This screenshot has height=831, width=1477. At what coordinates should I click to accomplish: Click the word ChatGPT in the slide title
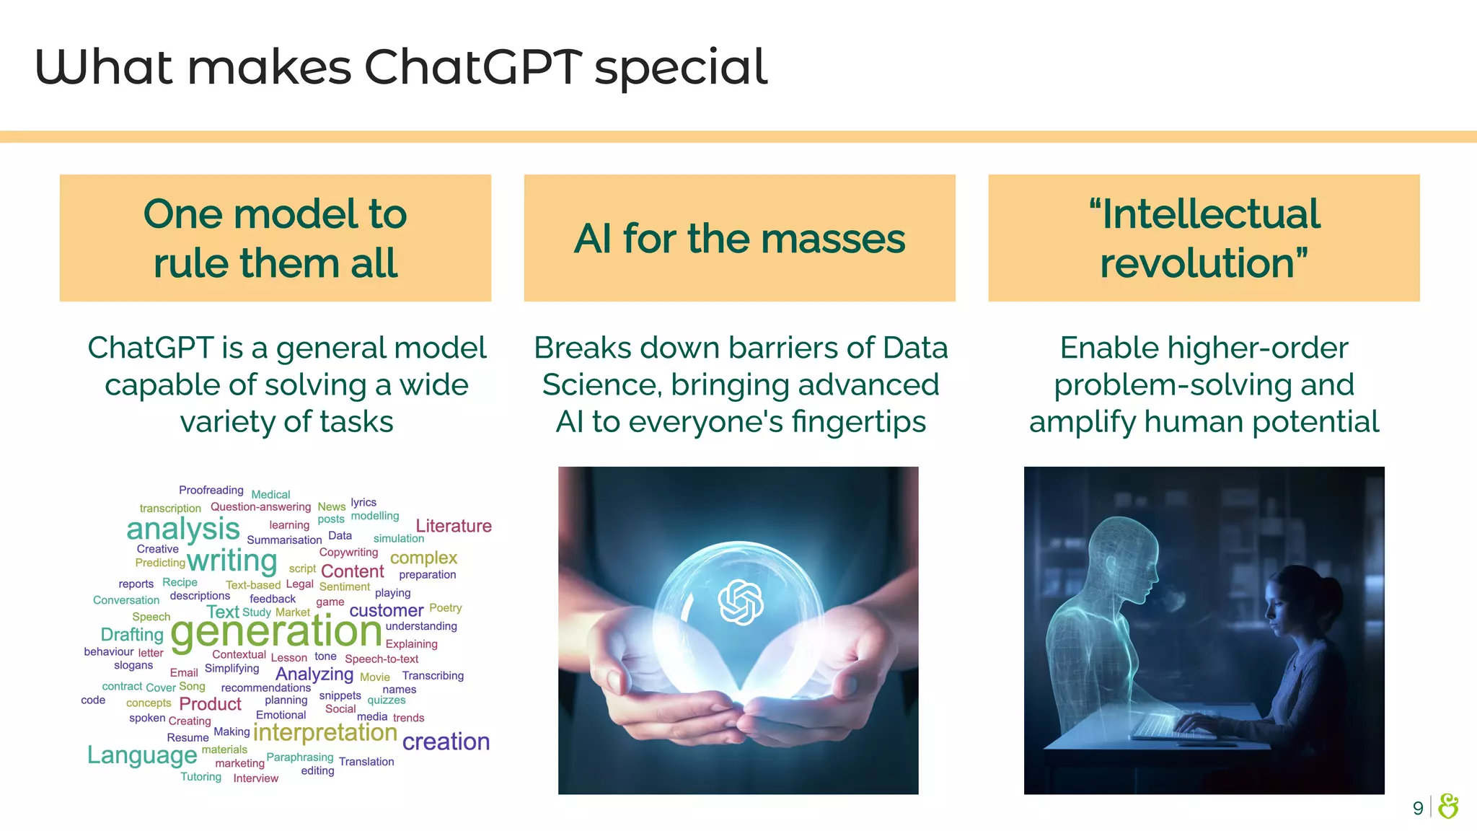(472, 67)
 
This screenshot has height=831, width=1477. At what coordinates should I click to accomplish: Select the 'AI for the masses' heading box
(739, 238)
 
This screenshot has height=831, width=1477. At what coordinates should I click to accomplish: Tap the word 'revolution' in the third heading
(1197, 263)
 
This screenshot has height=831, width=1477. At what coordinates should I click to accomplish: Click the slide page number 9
(1417, 808)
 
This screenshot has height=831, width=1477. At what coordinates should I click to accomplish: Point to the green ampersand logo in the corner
(1448, 806)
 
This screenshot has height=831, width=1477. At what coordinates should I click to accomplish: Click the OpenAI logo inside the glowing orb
(741, 602)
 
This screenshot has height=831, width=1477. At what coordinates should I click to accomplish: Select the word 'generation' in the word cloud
(276, 632)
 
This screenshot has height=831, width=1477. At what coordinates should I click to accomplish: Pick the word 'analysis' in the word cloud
(182, 529)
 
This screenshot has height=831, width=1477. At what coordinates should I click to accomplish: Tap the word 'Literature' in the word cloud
(454, 526)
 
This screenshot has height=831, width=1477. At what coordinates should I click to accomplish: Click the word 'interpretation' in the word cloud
(325, 733)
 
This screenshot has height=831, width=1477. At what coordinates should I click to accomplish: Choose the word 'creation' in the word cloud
(446, 742)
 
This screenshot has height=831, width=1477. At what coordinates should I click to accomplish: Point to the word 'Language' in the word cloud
(142, 755)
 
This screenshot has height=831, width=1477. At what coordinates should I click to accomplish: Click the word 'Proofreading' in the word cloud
(211, 491)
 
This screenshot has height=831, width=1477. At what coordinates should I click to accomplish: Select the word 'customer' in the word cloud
(386, 611)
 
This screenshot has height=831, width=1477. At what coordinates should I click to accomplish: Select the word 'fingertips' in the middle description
(858, 422)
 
